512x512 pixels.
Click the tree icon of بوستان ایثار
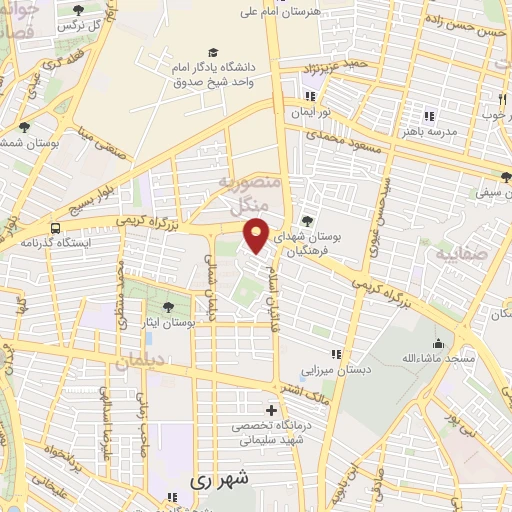(x=165, y=305)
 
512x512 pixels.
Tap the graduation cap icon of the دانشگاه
(x=212, y=52)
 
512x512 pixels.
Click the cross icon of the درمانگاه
(x=271, y=411)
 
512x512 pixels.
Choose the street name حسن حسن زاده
(x=466, y=26)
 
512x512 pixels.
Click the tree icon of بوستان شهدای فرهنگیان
(x=308, y=220)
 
